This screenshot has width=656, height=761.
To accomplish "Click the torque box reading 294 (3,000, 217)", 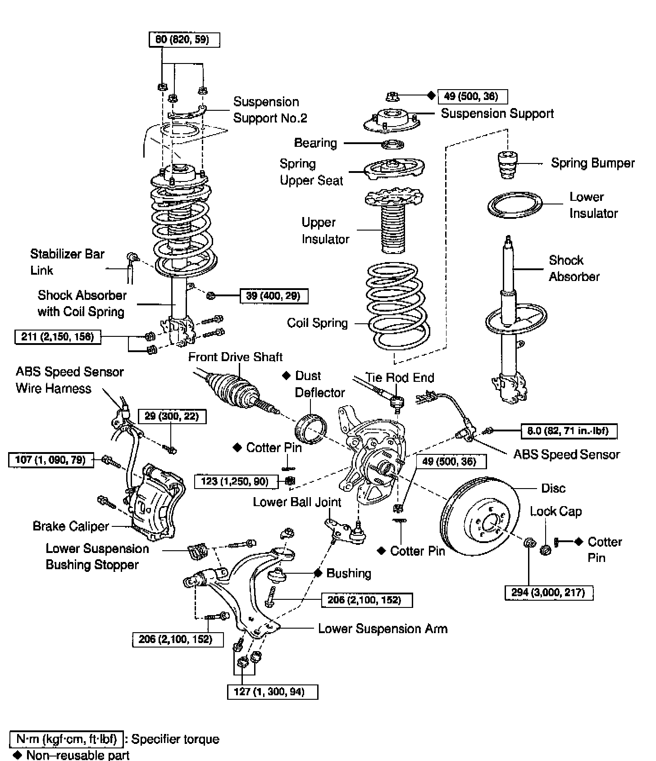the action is coord(549,593).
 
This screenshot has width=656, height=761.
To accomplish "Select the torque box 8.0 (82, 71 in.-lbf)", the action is coord(569,431).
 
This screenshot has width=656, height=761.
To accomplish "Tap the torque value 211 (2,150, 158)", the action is coord(58,336).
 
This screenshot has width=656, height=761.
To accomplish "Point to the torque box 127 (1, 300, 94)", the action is coord(273,692).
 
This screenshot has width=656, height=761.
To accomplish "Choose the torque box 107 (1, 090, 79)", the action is coord(51,460).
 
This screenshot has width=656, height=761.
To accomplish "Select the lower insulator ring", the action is coord(515,206).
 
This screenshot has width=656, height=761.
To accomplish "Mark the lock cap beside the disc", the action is coord(545,550).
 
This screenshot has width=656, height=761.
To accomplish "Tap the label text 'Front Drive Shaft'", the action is coord(235,357).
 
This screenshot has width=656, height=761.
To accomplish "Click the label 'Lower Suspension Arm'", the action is coord(383,629).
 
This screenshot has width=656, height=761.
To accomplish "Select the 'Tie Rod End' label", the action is coord(400,377).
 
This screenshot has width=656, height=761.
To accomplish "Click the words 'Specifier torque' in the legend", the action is coord(175,739).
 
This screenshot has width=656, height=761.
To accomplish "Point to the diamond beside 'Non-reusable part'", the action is coord(18,755).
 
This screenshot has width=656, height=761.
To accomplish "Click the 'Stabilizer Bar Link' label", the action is coord(67,262).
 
